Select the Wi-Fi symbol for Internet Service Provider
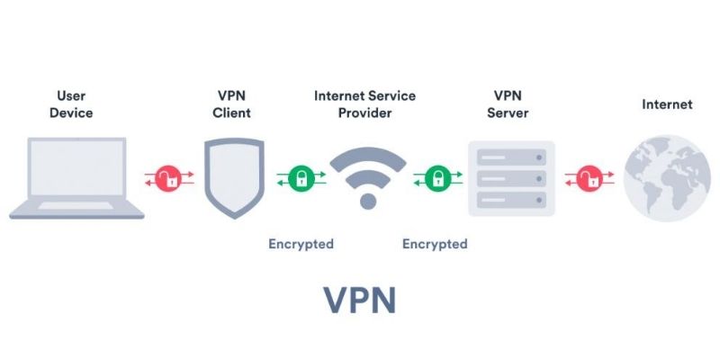point(367,171)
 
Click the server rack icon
point(511,178)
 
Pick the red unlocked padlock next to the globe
point(589,177)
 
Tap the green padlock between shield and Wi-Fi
point(300,177)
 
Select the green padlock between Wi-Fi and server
point(437,177)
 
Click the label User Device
point(75,104)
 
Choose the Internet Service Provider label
point(367,104)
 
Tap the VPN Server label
point(508,104)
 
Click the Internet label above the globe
point(667,104)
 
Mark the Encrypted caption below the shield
point(301,244)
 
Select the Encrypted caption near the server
point(435,244)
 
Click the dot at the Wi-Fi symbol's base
point(367,201)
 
